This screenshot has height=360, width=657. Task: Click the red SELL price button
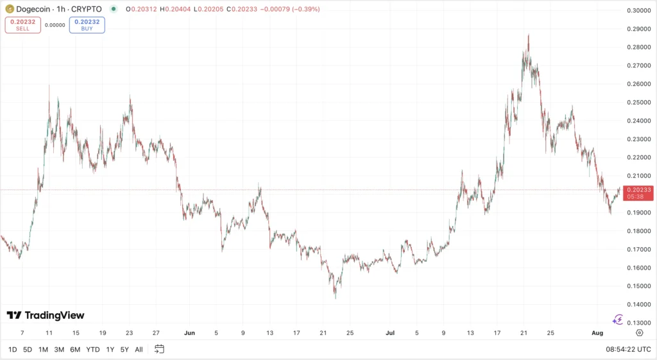22,25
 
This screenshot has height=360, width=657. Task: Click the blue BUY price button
87,25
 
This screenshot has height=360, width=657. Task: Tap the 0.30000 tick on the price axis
638,10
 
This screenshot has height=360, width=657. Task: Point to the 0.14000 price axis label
638,304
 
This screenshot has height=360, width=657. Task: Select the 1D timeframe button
12,349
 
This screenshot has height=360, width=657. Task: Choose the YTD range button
92,349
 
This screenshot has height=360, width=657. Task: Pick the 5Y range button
124,349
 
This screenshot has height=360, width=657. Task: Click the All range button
139,349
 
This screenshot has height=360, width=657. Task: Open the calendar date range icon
159,349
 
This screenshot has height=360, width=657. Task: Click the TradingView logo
46,315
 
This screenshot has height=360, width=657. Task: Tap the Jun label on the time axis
189,333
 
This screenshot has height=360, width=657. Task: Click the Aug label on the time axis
597,333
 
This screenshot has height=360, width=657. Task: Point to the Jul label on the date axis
390,333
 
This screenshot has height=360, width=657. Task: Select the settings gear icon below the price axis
639,333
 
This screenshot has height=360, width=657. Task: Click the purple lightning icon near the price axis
618,319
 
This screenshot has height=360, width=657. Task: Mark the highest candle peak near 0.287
528,35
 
